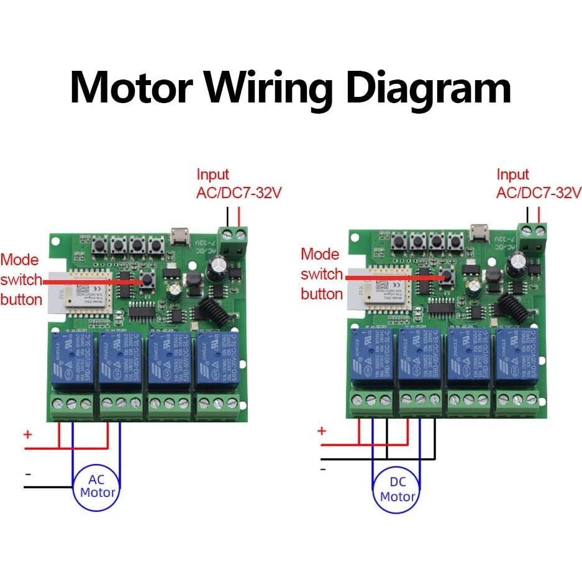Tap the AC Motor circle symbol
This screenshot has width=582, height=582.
tap(98, 486)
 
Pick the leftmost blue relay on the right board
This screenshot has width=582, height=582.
tap(371, 356)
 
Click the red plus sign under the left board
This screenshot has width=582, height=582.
tap(27, 434)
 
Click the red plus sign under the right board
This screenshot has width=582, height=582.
tap(321, 430)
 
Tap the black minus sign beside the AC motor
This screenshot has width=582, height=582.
tap(27, 473)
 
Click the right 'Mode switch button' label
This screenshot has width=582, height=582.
tap(322, 274)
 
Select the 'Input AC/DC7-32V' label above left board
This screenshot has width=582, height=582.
tap(239, 184)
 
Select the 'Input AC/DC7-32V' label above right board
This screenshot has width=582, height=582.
tap(538, 184)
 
